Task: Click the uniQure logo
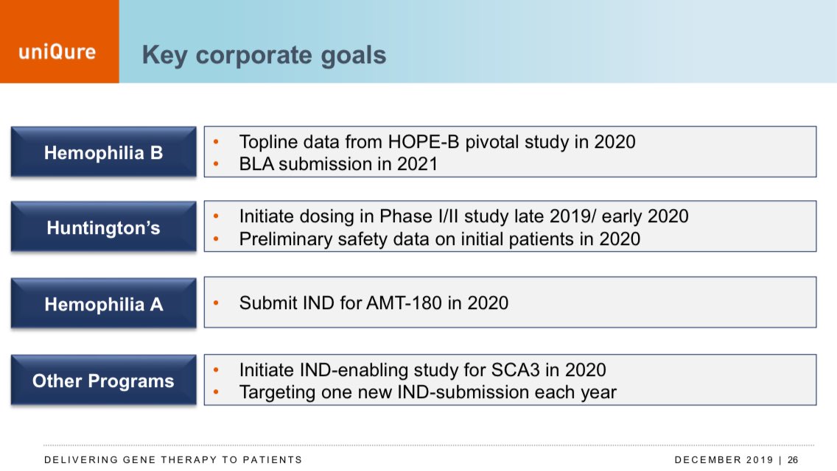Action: click(57, 52)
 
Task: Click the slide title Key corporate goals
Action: click(264, 55)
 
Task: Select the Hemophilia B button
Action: click(104, 152)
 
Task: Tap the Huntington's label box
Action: click(104, 227)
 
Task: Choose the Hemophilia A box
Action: click(104, 303)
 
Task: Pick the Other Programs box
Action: click(104, 380)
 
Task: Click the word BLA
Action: click(256, 164)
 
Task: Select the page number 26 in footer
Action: click(793, 460)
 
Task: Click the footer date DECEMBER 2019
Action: click(724, 460)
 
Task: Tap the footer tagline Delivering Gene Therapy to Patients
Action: click(173, 460)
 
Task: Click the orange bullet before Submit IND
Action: click(216, 303)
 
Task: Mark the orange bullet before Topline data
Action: click(216, 142)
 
